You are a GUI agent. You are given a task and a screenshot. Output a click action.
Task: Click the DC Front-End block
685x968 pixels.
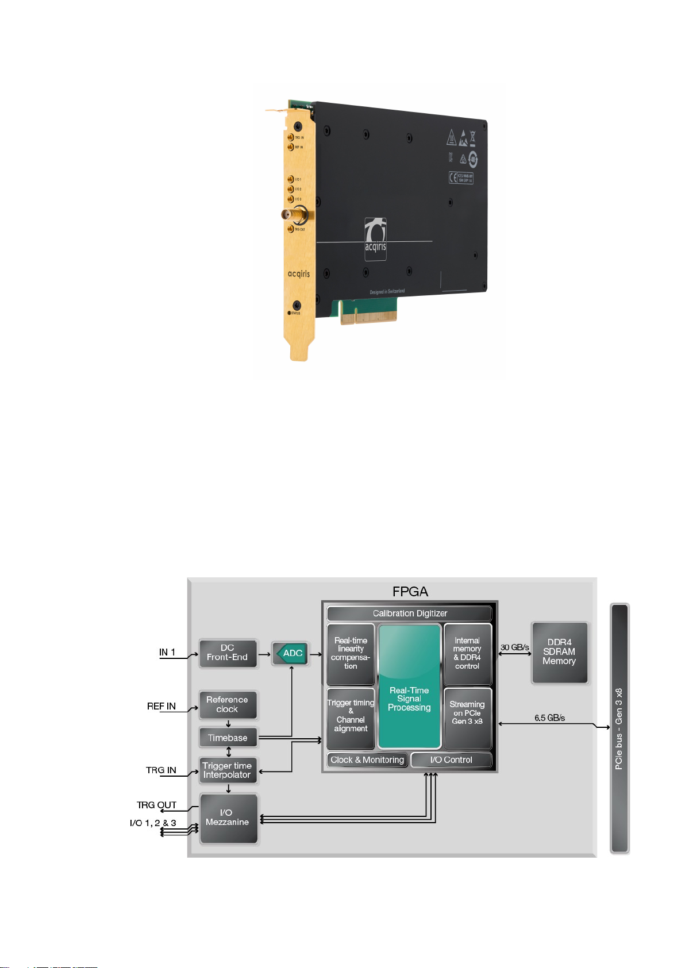(x=228, y=653)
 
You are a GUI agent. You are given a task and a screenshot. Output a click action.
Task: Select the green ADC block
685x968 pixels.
(x=291, y=653)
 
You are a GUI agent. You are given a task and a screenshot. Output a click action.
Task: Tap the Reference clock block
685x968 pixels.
(x=228, y=704)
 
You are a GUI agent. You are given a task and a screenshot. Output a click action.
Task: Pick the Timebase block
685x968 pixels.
(x=228, y=738)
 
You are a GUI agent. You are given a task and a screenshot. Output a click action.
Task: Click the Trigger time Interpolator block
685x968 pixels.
(x=228, y=770)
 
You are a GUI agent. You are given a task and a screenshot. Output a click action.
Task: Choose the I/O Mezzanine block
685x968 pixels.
(x=228, y=817)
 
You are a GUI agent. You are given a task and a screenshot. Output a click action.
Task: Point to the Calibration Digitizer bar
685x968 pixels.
(x=409, y=614)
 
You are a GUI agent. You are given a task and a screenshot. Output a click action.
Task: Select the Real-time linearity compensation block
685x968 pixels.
(x=351, y=654)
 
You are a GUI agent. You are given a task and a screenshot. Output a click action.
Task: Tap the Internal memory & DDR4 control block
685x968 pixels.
(x=467, y=654)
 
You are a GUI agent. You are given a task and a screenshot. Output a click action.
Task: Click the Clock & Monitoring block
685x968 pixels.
(x=367, y=760)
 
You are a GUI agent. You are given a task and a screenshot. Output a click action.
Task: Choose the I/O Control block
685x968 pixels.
(x=451, y=760)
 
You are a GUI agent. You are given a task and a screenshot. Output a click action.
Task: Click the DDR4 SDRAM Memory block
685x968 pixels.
(x=559, y=652)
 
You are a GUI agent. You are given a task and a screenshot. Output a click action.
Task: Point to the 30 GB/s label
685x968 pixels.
(x=514, y=647)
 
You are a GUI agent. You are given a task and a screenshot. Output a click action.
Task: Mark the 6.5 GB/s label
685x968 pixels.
(x=549, y=718)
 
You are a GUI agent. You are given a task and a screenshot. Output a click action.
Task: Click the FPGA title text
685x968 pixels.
(x=410, y=592)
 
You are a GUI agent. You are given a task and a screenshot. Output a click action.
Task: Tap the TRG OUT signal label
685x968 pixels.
(x=156, y=805)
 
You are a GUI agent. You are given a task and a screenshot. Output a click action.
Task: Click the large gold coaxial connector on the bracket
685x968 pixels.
(x=294, y=215)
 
